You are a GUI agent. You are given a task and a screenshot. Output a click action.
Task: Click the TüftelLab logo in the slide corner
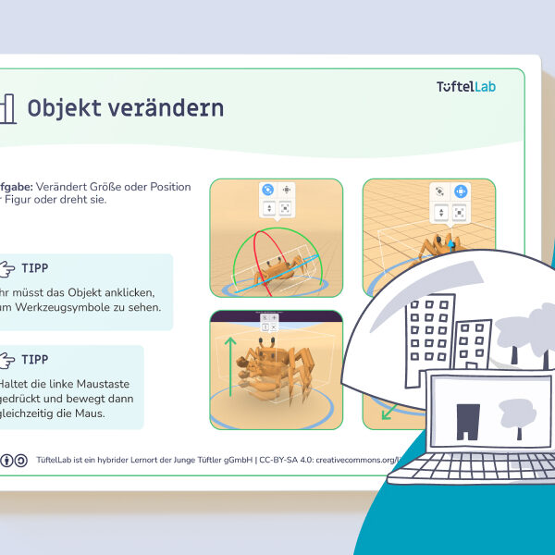[472, 87]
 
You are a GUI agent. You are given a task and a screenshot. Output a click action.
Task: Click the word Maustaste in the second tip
[101, 382]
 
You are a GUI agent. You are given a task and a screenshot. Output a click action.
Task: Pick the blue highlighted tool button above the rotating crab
[267, 188]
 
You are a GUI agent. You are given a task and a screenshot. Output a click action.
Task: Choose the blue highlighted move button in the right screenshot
[461, 191]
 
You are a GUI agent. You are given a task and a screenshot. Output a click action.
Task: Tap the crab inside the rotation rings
[276, 269]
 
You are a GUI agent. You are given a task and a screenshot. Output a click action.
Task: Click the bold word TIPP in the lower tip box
[35, 359]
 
